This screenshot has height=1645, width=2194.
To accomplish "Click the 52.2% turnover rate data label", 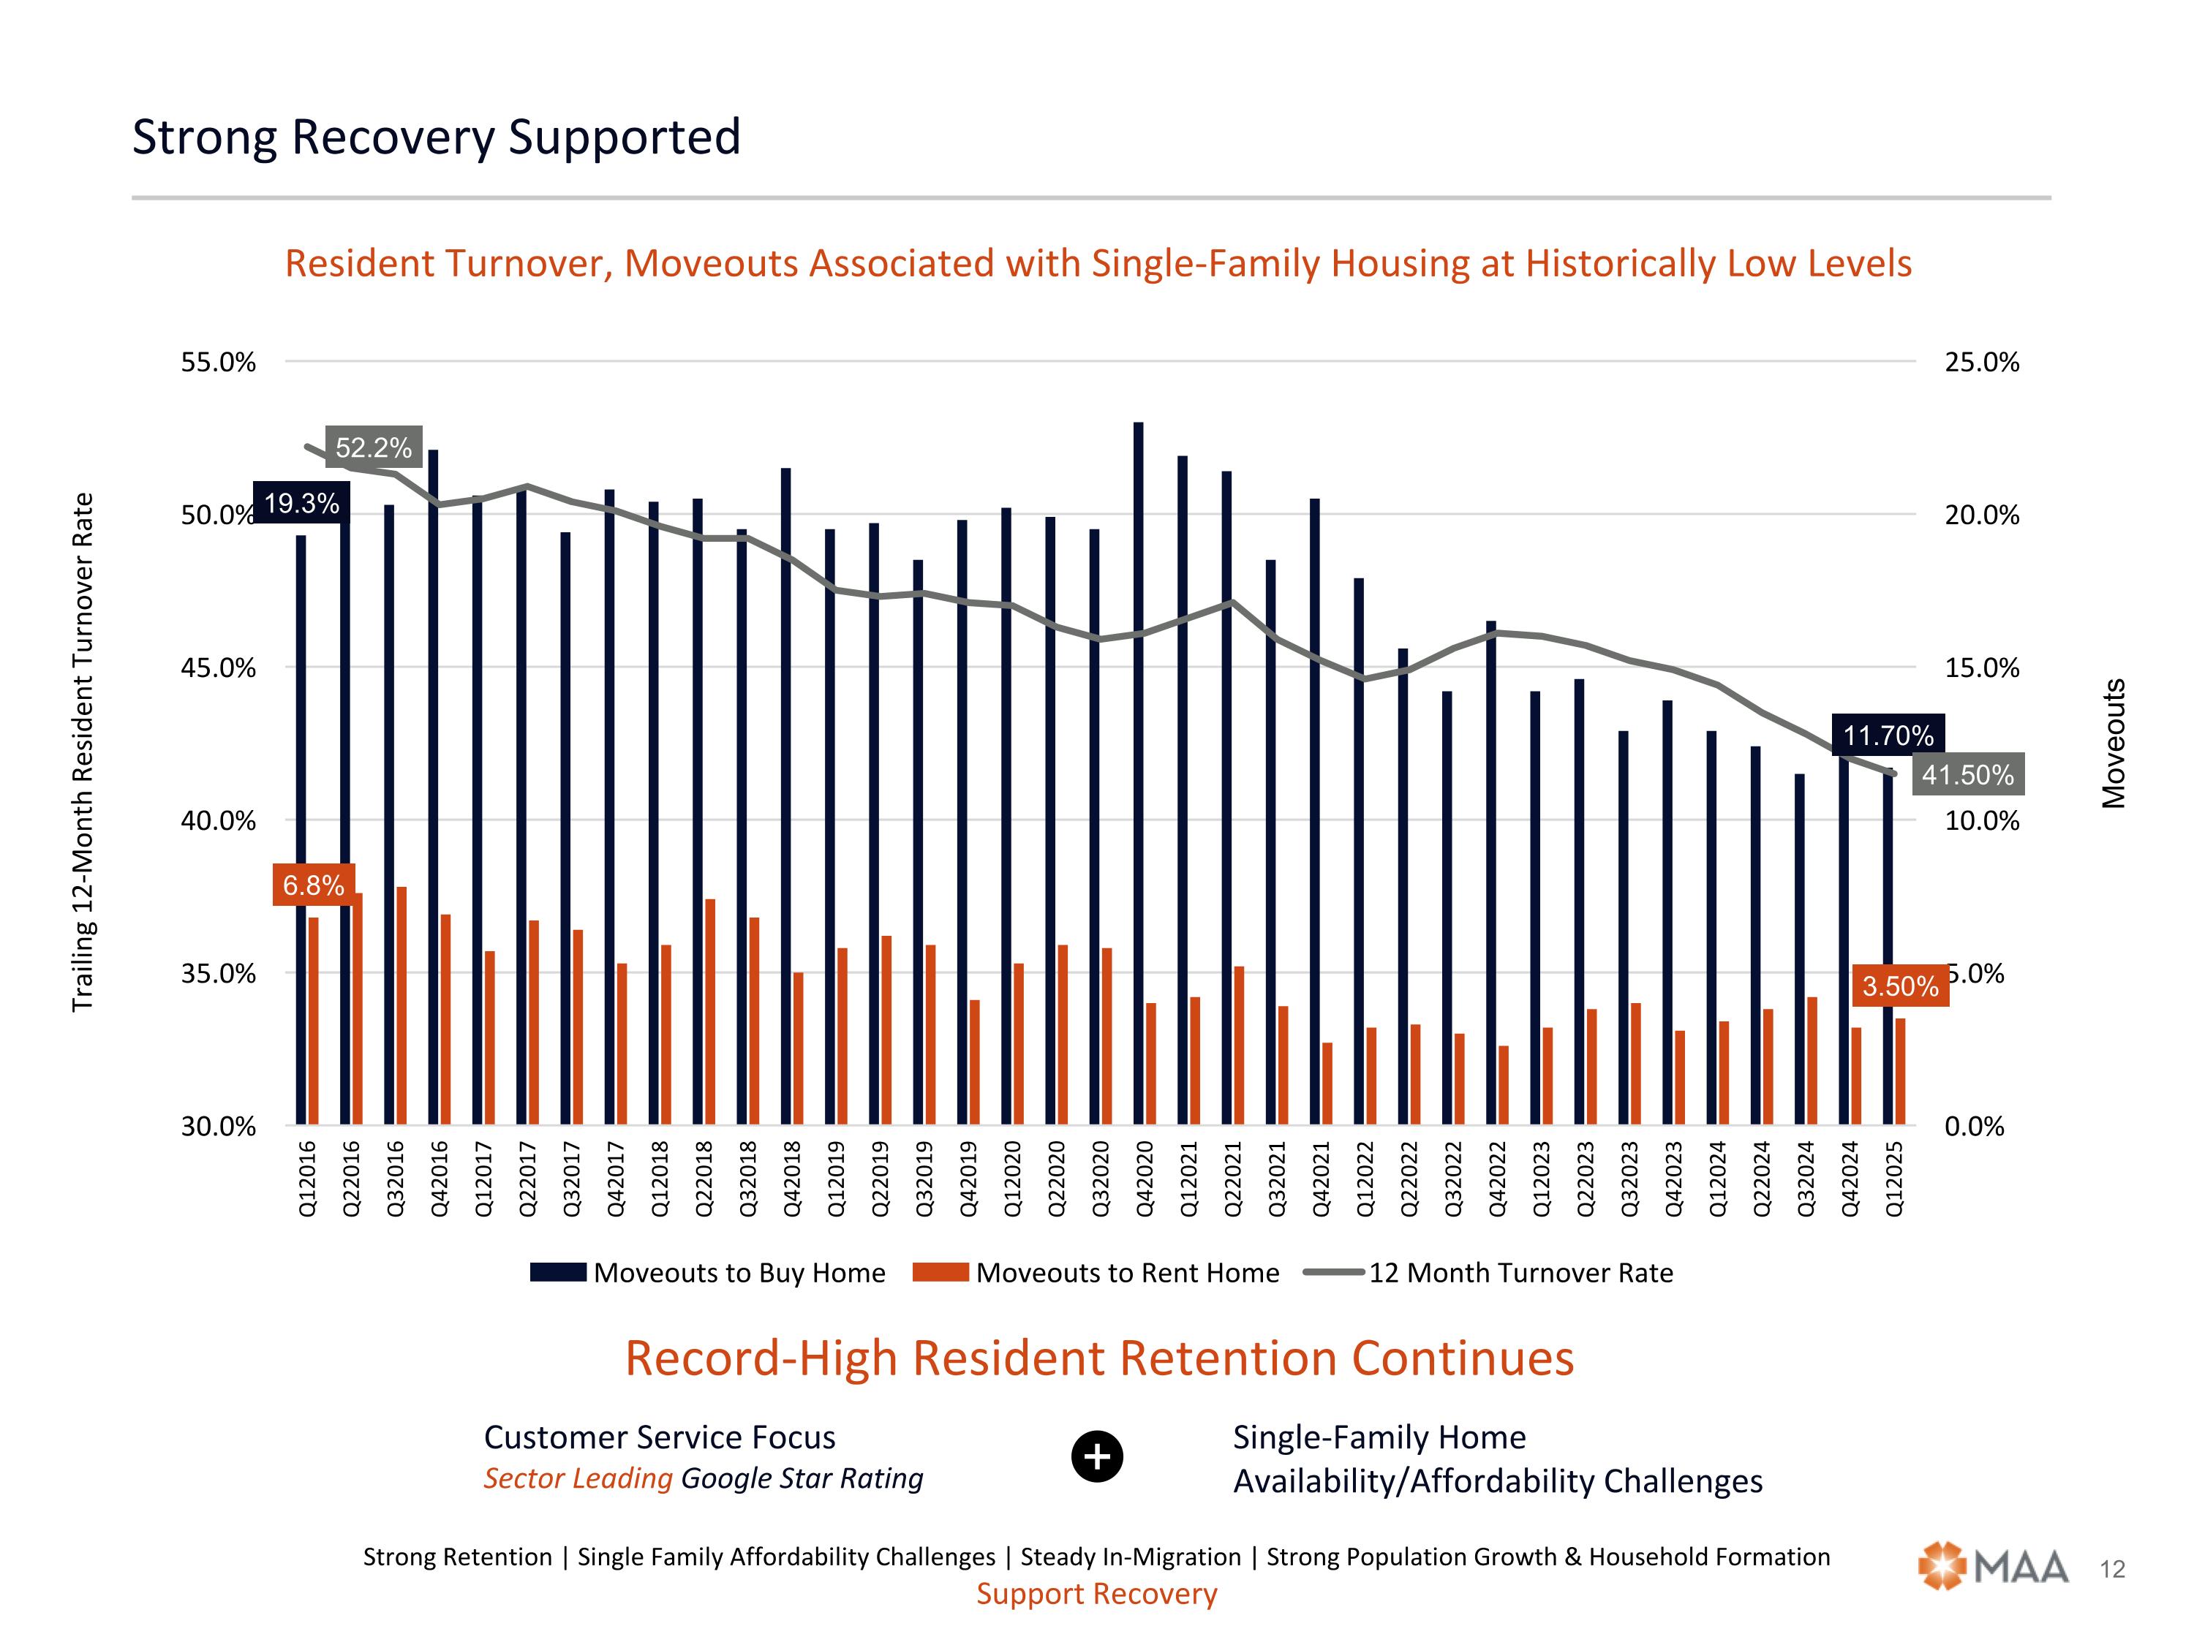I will click(373, 447).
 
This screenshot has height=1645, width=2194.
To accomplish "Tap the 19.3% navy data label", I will click(301, 503).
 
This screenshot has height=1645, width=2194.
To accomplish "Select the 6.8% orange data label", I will click(314, 885).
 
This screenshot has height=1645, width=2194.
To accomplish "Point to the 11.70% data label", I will click(1888, 735).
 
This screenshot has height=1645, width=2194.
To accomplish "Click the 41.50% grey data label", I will click(1968, 774).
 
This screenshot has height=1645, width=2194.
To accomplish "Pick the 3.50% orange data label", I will click(1899, 986).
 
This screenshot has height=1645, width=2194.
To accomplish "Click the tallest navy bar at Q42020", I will click(1138, 774).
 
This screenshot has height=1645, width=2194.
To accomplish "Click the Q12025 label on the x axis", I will click(1893, 1178).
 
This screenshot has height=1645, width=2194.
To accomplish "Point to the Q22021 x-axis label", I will click(1233, 1178).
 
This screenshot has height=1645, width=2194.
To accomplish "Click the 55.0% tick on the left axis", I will click(218, 362).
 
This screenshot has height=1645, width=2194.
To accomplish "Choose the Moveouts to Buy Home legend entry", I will click(708, 1272).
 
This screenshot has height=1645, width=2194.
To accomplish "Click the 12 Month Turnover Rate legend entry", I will click(1488, 1272).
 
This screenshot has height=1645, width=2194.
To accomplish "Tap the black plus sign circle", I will click(1097, 1456).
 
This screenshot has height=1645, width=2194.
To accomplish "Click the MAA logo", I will click(1993, 1567).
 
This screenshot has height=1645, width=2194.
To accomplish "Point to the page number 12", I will click(2113, 1569).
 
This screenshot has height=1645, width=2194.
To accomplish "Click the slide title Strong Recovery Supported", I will click(437, 137).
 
